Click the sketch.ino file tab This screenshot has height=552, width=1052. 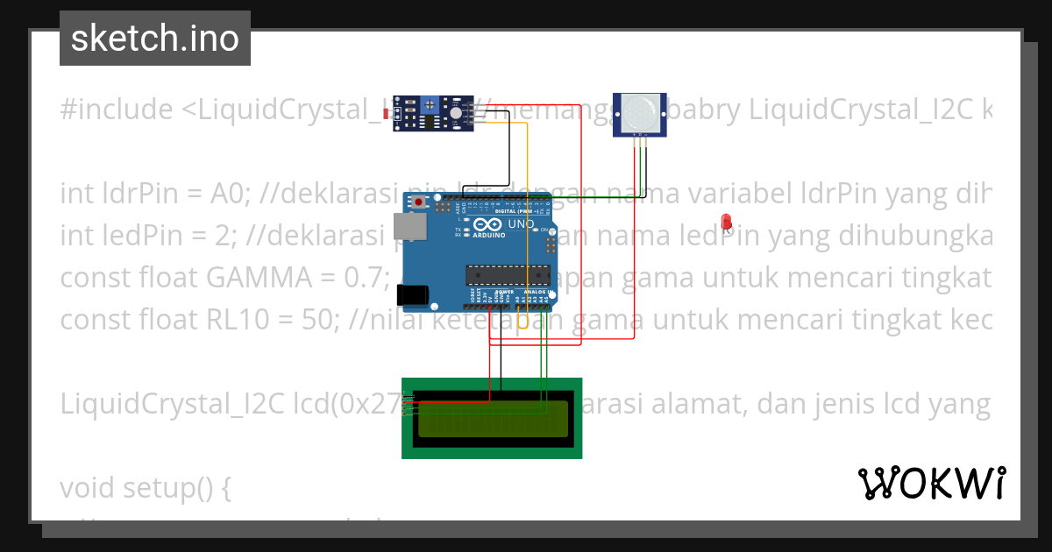pyautogui.click(x=155, y=39)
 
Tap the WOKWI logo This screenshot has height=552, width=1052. pyautogui.click(x=931, y=483)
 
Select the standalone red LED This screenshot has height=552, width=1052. pyautogui.click(x=725, y=221)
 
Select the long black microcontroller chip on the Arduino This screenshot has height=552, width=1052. pyautogui.click(x=508, y=274)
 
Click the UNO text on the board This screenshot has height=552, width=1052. pyautogui.click(x=521, y=224)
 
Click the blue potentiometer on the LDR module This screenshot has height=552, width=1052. pyautogui.click(x=430, y=106)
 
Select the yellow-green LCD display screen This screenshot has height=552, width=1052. pyautogui.click(x=492, y=419)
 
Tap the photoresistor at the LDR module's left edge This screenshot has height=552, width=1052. pyautogui.click(x=387, y=113)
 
